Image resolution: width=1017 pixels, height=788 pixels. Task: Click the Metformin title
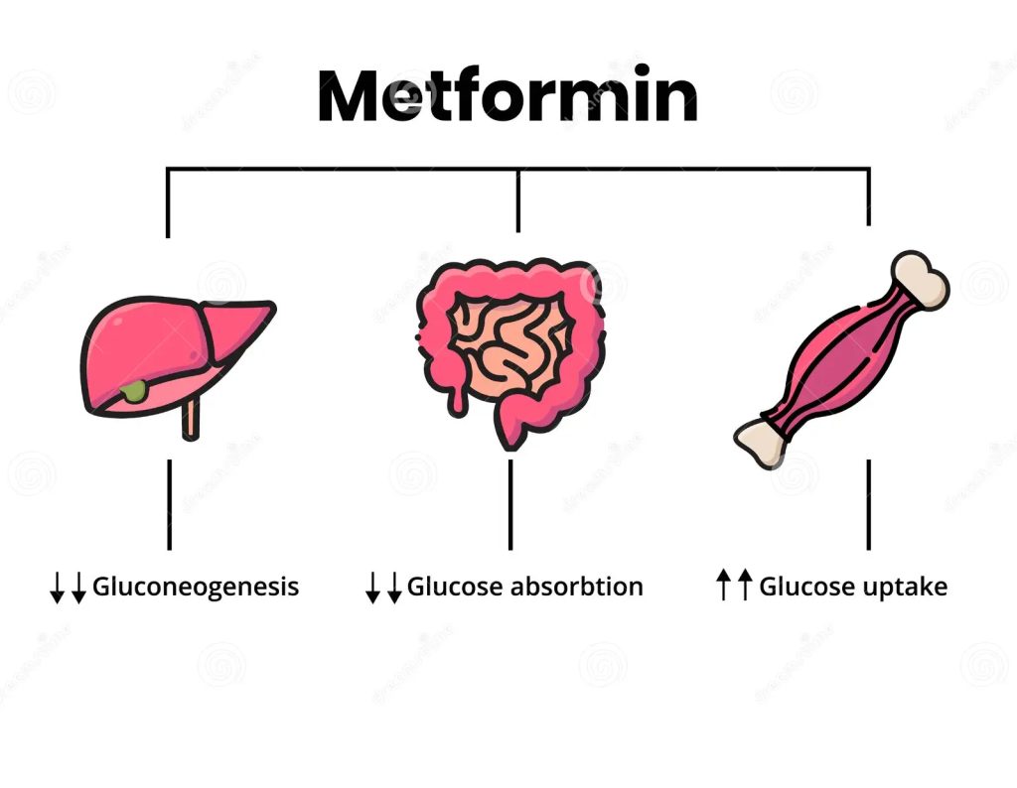pyautogui.click(x=508, y=96)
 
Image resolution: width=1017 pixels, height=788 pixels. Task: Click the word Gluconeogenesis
pyautogui.click(x=196, y=587)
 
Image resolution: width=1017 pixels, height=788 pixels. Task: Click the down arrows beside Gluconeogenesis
pyautogui.click(x=68, y=588)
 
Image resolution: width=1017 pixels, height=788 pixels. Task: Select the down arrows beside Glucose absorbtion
pyautogui.click(x=383, y=588)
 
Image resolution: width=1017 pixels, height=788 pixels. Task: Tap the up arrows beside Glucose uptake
pyautogui.click(x=734, y=586)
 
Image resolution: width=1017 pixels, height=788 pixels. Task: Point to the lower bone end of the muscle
pyautogui.click(x=761, y=443)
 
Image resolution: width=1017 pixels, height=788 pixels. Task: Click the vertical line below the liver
pyautogui.click(x=169, y=504)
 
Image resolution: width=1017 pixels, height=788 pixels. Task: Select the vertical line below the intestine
pyautogui.click(x=510, y=504)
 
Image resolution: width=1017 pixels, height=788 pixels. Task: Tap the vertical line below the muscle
pyautogui.click(x=869, y=504)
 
